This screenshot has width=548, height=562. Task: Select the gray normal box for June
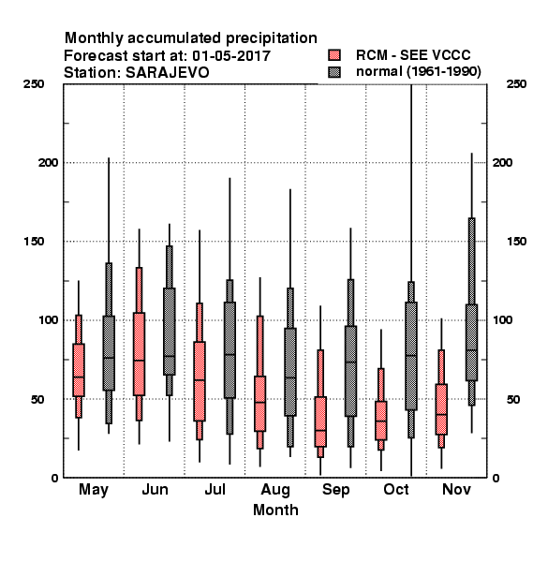click(x=170, y=332)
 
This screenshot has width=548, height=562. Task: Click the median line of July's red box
click(x=200, y=379)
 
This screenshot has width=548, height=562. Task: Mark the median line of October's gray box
click(x=411, y=356)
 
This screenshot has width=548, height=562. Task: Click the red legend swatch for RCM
click(x=334, y=55)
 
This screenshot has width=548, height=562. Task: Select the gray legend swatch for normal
click(x=334, y=72)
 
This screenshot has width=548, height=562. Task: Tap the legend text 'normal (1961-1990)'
click(x=418, y=72)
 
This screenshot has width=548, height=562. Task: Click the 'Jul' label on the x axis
click(x=215, y=489)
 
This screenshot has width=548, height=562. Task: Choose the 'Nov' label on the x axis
click(x=456, y=489)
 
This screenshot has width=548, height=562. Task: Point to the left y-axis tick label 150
click(x=34, y=242)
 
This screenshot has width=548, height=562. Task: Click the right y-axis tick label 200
click(x=502, y=162)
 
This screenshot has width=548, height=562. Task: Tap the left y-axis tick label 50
click(x=37, y=399)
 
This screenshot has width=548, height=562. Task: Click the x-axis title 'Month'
click(x=275, y=510)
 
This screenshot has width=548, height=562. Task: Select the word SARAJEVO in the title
click(x=167, y=73)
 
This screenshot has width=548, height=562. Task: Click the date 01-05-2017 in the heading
click(x=231, y=55)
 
